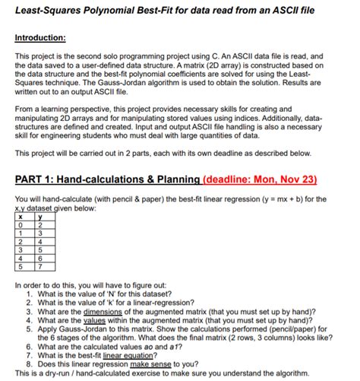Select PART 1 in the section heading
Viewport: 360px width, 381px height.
(x=40, y=180)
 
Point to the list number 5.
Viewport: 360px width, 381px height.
(x=28, y=329)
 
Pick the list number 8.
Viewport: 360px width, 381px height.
(x=28, y=364)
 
